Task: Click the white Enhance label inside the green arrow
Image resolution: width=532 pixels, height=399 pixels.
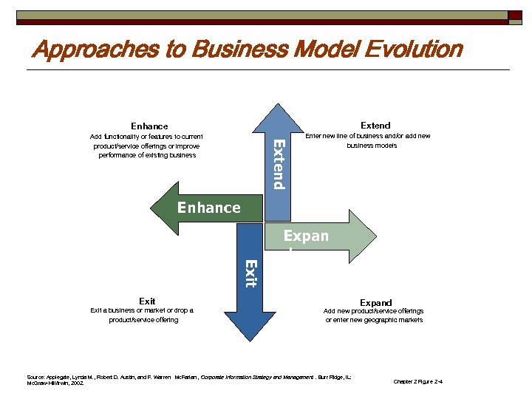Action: [x=208, y=208]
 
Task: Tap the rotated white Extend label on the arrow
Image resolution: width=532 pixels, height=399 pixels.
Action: [x=278, y=163]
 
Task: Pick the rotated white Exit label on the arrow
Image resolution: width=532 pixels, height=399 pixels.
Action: [x=251, y=273]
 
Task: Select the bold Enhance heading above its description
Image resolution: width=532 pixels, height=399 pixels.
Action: [x=149, y=126]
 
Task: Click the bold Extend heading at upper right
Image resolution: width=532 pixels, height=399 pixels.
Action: [x=375, y=126]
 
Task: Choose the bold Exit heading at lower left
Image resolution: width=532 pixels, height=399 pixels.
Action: [x=147, y=301]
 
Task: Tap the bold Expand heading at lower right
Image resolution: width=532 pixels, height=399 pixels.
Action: [x=375, y=302]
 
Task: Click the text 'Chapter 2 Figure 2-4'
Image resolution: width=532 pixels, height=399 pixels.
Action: [x=418, y=381]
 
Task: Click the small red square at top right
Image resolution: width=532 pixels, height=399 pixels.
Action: [x=515, y=16]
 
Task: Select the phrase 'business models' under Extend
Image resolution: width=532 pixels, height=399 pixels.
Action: [x=372, y=146]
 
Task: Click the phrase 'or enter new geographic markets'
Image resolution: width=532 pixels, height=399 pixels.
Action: [x=375, y=320]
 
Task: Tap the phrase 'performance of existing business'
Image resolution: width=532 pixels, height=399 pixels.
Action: [x=147, y=155]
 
